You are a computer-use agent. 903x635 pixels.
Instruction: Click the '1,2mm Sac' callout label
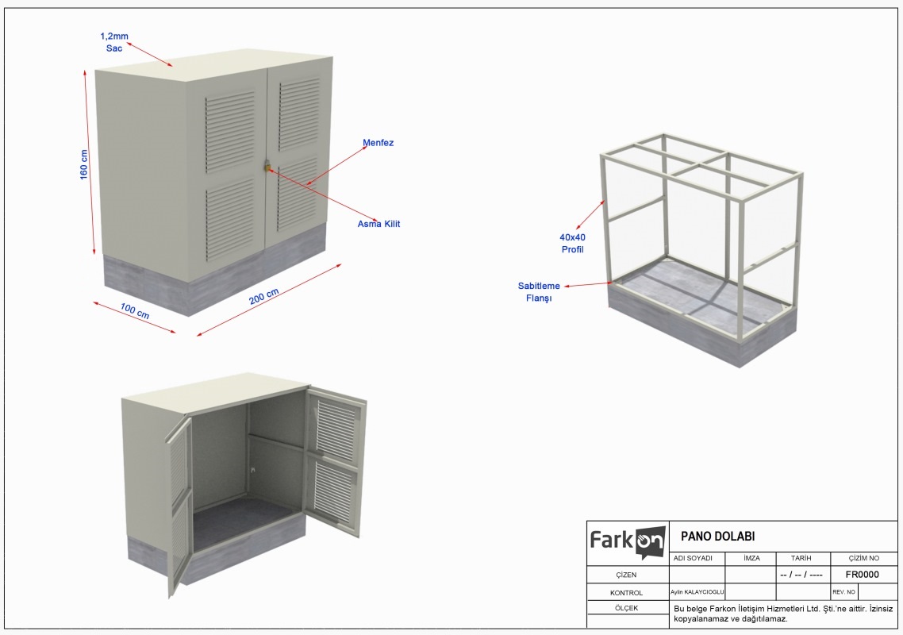pos(114,42)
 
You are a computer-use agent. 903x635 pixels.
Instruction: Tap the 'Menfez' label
pos(378,143)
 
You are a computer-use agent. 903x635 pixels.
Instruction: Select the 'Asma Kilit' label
pos(378,224)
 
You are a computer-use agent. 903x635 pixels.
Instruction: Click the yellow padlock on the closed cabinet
pos(267,167)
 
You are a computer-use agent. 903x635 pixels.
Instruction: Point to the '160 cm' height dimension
pos(84,165)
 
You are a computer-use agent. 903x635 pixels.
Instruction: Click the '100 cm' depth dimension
pos(135,311)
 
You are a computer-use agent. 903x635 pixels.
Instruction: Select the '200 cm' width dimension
pos(263,296)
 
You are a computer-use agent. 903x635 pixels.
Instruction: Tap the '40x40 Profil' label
pos(572,243)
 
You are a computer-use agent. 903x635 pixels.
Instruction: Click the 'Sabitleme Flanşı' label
pos(539,291)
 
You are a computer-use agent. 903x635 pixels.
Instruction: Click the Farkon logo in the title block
pos(628,542)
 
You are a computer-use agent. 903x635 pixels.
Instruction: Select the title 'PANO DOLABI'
pos(717,537)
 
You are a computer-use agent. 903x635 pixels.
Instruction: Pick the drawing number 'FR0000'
pos(862,575)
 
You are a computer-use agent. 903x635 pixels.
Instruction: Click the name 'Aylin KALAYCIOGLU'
pos(697,592)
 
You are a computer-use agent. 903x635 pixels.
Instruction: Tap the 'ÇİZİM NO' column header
pos(864,558)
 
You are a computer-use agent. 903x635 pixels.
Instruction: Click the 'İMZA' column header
pos(751,558)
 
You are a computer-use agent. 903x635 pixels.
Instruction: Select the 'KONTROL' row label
pos(626,592)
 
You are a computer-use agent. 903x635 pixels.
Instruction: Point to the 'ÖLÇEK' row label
pos(626,608)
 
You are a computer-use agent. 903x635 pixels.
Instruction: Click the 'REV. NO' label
pos(843,592)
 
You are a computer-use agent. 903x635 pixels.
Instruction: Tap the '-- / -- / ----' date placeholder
pos(801,575)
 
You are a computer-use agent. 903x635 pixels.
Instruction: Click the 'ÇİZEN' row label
pos(626,575)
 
